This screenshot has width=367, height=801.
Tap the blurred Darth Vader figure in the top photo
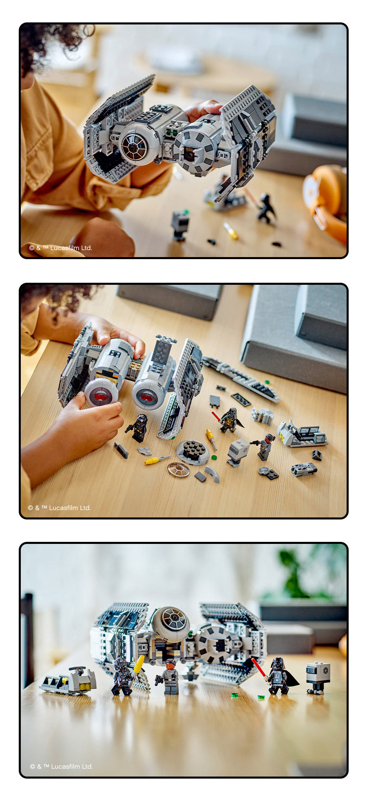(x=266, y=208)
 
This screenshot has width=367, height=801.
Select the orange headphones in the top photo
(x=326, y=200)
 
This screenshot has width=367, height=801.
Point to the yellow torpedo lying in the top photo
(x=231, y=231)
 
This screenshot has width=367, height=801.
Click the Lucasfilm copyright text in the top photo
(x=61, y=248)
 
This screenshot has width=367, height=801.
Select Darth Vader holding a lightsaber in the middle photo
(x=229, y=420)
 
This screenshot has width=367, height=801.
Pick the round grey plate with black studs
(x=193, y=451)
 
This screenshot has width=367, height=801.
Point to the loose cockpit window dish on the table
(x=179, y=470)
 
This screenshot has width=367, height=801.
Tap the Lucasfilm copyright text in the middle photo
(x=60, y=508)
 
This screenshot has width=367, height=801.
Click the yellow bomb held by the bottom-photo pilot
(x=139, y=665)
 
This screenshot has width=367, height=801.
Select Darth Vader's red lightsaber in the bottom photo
(x=259, y=668)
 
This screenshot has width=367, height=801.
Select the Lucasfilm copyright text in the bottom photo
(x=62, y=766)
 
